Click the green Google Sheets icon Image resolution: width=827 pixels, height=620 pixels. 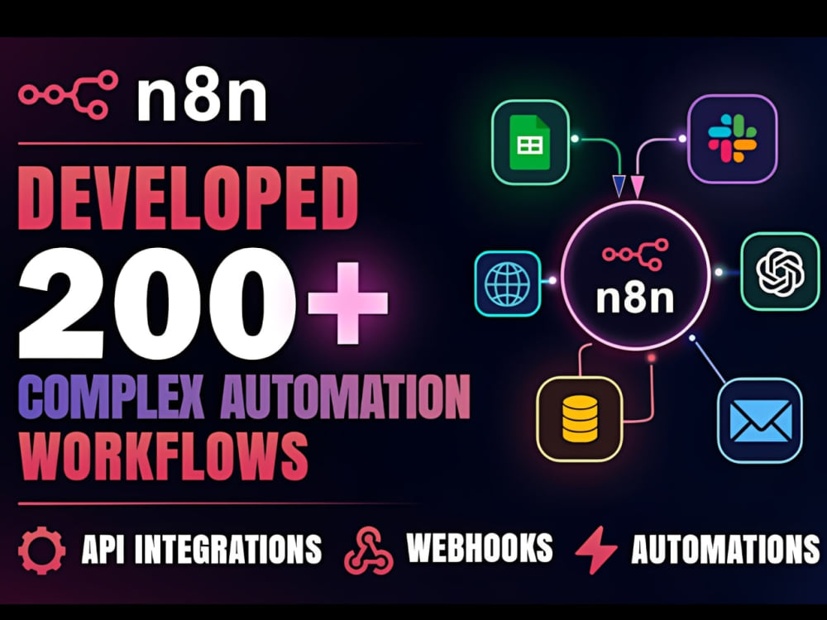coord(530,142)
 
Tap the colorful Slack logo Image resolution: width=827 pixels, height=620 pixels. coord(732,138)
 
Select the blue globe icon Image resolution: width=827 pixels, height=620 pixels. coord(508,284)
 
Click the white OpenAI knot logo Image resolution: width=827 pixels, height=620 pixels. coord(780,271)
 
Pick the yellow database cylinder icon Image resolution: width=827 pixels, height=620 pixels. coord(581,418)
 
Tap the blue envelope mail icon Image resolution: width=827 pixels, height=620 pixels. coord(760,421)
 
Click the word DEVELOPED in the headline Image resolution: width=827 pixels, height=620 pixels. coord(189,198)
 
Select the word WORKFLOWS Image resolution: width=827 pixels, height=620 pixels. coord(163,455)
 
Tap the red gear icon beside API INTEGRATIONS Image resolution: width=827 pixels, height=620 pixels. coord(41,550)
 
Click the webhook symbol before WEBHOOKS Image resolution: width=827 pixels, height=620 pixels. coord(369,551)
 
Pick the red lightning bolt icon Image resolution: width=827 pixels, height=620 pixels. coord(596,550)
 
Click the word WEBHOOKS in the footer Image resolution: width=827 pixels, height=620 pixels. coord(480,548)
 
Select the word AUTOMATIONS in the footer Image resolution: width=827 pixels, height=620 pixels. coord(725,549)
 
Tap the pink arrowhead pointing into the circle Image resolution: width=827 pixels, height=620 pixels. coord(637,187)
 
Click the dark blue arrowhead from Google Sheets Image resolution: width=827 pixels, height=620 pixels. coord(619,186)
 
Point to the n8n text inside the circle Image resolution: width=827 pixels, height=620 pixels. coord(635,298)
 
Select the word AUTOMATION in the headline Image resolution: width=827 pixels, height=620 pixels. coord(346,396)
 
